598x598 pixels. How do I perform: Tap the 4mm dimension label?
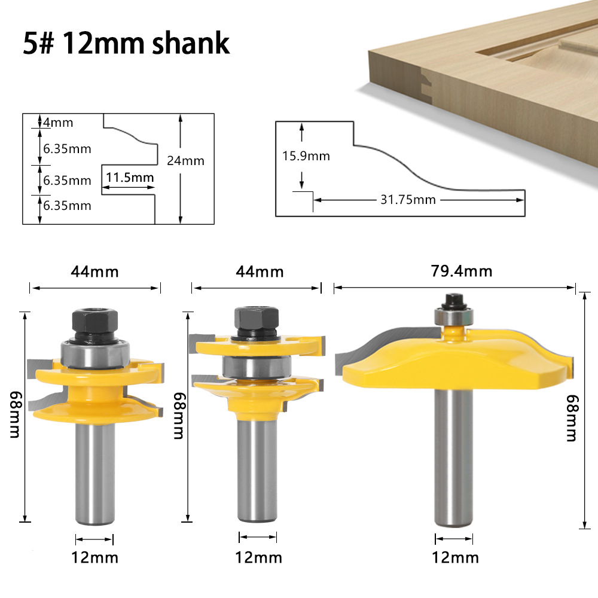58,123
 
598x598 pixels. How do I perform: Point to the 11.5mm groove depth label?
129,177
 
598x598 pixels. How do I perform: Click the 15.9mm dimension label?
306,156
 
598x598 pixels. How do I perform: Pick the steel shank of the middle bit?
257,466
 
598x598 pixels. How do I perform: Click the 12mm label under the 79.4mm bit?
455,557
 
